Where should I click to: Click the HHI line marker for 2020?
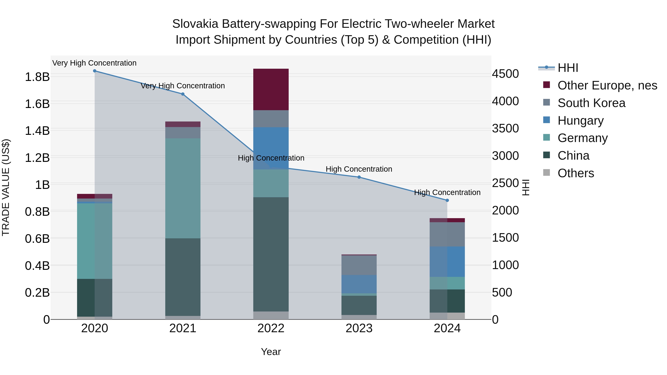tap(94, 71)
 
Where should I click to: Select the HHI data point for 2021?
tap(183, 94)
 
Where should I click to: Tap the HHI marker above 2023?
tap(359, 177)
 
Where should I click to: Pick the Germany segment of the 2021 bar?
tap(183, 188)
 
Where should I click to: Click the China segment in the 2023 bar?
tap(359, 305)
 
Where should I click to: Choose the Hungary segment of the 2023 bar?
tap(359, 284)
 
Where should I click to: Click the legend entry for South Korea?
tap(591, 103)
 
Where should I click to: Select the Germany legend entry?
tap(582, 138)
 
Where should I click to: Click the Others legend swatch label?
tap(576, 173)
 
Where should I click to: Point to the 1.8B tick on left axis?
tap(37, 77)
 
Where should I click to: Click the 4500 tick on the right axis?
tap(505, 74)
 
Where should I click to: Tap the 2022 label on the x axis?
tap(271, 328)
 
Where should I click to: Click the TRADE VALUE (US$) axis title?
tap(6, 187)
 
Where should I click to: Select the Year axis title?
tap(271, 352)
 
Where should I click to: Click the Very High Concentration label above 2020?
tap(94, 63)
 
